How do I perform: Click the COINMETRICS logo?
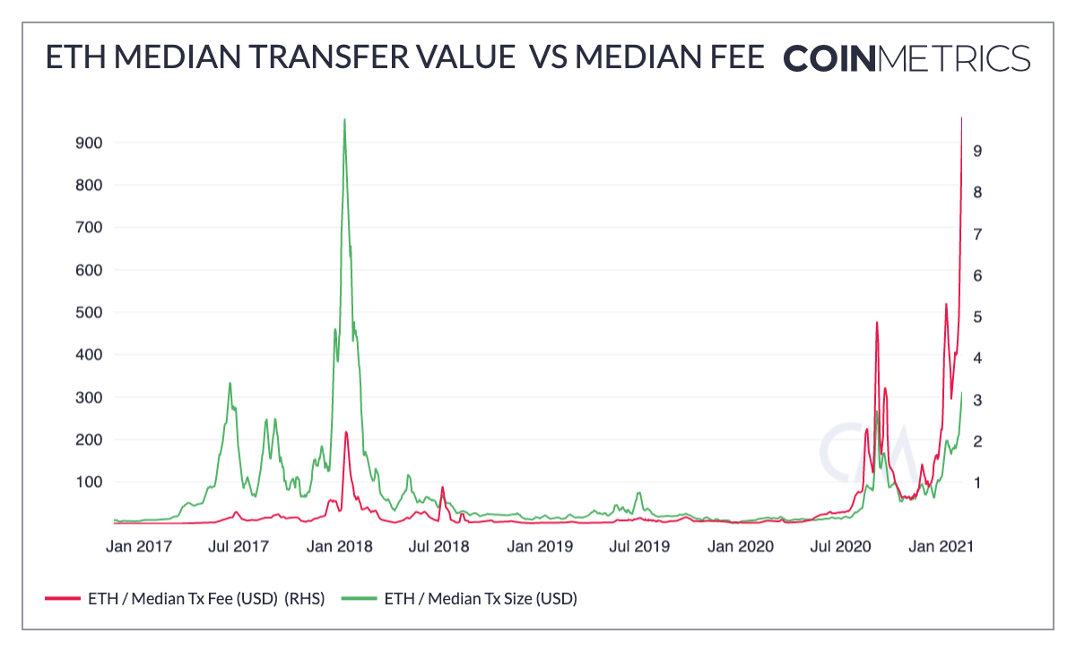pyautogui.click(x=907, y=58)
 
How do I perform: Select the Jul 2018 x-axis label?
pyautogui.click(x=438, y=545)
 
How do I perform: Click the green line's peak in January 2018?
pyautogui.click(x=345, y=120)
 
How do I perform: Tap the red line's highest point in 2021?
pyautogui.click(x=962, y=117)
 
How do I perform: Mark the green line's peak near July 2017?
pyautogui.click(x=230, y=383)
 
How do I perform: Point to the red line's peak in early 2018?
pyautogui.click(x=346, y=432)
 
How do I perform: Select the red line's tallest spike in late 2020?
pyautogui.click(x=877, y=322)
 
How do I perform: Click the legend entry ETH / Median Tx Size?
pyautogui.click(x=480, y=598)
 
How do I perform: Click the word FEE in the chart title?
pyautogui.click(x=732, y=57)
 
